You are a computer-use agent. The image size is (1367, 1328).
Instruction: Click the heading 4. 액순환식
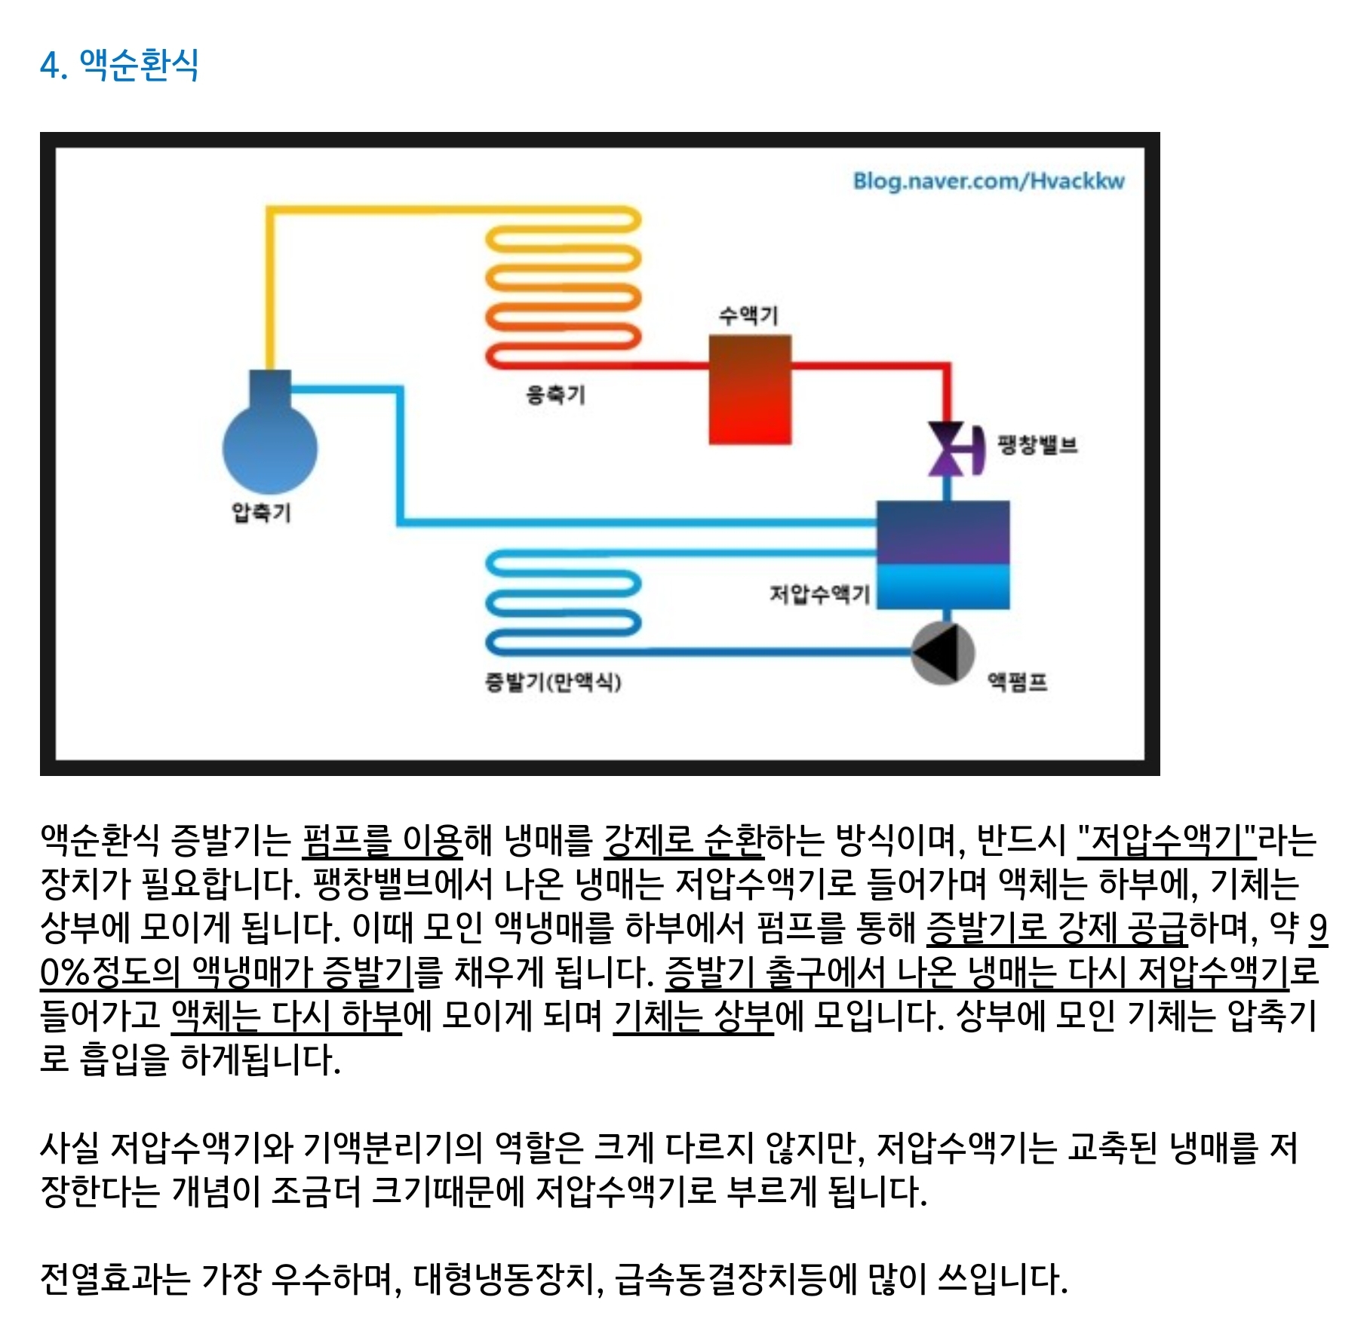pyautogui.click(x=120, y=64)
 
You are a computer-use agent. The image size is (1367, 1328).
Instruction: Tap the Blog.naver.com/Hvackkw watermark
pyautogui.click(x=988, y=181)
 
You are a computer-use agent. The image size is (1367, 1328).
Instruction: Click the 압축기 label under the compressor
pyautogui.click(x=261, y=512)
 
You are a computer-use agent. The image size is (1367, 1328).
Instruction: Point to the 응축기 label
pyautogui.click(x=555, y=394)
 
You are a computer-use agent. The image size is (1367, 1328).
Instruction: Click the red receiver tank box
pyautogui.click(x=750, y=390)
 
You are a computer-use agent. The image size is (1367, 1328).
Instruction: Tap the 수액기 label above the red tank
pyautogui.click(x=748, y=314)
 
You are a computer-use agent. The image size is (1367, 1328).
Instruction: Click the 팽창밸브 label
pyautogui.click(x=1037, y=444)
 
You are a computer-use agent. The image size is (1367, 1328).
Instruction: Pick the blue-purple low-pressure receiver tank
pyautogui.click(x=943, y=554)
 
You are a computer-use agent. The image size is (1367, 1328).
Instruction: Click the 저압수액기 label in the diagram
pyautogui.click(x=819, y=594)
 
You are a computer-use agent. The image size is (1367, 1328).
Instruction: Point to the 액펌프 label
pyautogui.click(x=1018, y=682)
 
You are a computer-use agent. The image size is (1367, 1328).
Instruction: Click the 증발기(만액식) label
pyautogui.click(x=553, y=682)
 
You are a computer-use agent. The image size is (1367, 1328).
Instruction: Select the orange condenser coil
pyautogui.click(x=563, y=287)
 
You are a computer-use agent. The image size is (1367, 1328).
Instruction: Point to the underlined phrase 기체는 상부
pyautogui.click(x=693, y=1016)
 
